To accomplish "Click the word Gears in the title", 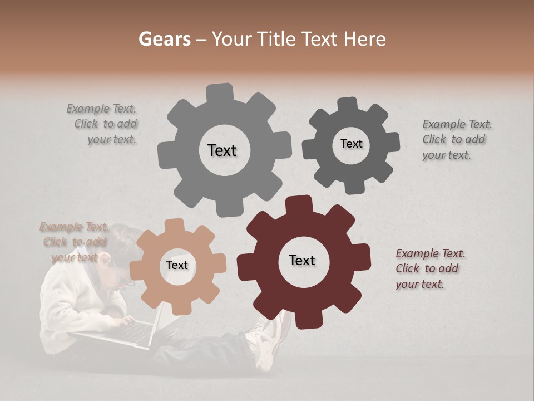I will (165, 39).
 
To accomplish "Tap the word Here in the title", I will (364, 39).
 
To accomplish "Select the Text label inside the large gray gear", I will (222, 150).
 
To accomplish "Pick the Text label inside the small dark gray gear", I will (351, 144).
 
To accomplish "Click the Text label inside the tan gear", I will (177, 266).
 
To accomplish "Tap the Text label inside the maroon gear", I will (302, 261).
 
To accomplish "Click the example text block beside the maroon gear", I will (430, 269).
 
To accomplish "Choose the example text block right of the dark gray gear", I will (457, 140).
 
